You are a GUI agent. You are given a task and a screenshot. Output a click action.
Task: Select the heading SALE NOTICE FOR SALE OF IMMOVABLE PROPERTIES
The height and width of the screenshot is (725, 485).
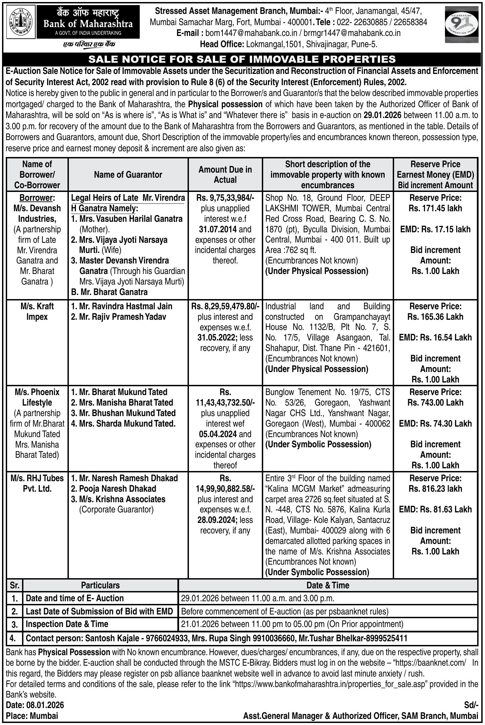click(x=242, y=59)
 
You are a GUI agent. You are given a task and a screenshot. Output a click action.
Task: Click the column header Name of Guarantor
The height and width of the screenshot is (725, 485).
click(x=128, y=175)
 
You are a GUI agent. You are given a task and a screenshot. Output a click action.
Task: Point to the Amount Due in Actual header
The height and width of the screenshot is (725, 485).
click(x=225, y=175)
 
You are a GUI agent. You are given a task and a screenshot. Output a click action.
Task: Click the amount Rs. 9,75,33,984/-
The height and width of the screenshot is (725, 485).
click(x=225, y=198)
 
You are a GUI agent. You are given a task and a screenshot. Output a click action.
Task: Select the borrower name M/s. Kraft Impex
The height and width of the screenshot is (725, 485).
click(x=37, y=311)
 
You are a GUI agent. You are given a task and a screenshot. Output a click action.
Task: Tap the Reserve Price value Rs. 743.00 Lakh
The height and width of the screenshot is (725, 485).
click(x=435, y=403)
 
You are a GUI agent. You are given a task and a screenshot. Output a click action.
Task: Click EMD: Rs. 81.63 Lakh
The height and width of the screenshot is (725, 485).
click(x=435, y=509)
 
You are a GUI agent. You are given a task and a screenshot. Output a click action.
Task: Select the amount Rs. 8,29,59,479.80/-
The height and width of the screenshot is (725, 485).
click(x=225, y=306)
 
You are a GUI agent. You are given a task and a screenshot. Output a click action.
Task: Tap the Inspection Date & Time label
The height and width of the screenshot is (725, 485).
click(x=67, y=624)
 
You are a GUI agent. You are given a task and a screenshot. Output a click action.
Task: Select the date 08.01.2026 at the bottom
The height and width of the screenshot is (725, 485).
click(x=45, y=705)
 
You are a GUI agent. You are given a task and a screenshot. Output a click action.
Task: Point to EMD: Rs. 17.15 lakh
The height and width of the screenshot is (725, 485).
click(x=435, y=229)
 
